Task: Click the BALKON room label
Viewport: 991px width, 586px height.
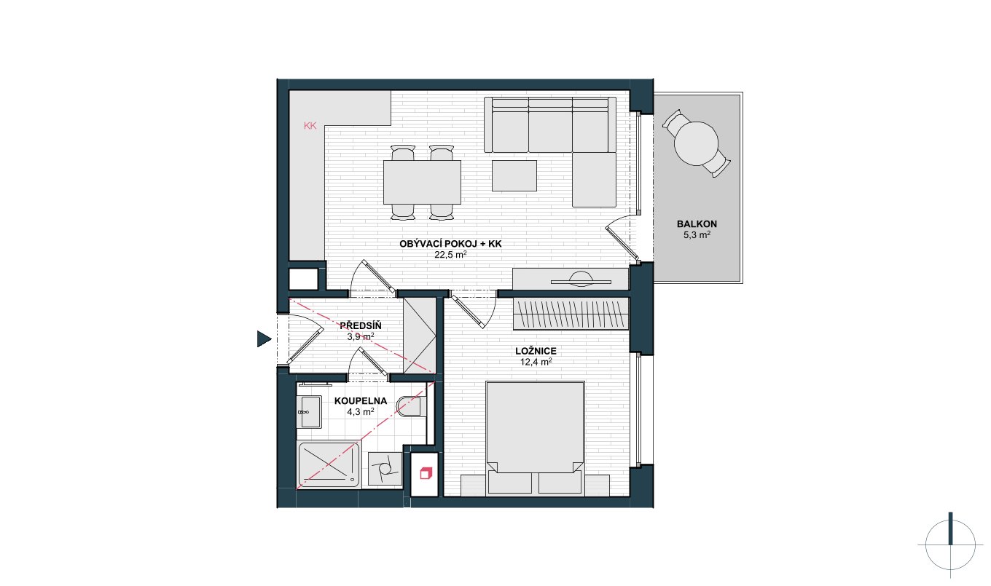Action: point(697,224)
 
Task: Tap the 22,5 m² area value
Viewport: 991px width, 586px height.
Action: point(450,255)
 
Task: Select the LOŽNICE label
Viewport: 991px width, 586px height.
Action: point(536,351)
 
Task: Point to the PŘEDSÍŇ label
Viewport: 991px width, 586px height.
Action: point(361,325)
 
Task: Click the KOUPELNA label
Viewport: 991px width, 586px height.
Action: point(361,401)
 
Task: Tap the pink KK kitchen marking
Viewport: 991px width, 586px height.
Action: point(310,126)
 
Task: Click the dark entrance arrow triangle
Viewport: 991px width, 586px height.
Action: point(264,339)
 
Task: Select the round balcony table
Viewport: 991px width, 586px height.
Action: point(696,143)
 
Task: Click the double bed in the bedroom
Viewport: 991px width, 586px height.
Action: point(535,437)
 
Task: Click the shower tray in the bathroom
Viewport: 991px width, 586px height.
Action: point(329,464)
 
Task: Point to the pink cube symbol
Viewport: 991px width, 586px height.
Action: point(426,473)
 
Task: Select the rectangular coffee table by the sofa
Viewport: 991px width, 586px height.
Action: point(514,175)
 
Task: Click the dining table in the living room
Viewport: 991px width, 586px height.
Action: point(422,182)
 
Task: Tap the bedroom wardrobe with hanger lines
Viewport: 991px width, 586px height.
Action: point(571,314)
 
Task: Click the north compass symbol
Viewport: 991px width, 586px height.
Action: point(950,545)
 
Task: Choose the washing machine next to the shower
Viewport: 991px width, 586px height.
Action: point(385,469)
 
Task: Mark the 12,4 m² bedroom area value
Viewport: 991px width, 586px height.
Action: point(536,363)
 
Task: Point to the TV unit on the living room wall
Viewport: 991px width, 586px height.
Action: point(571,278)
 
